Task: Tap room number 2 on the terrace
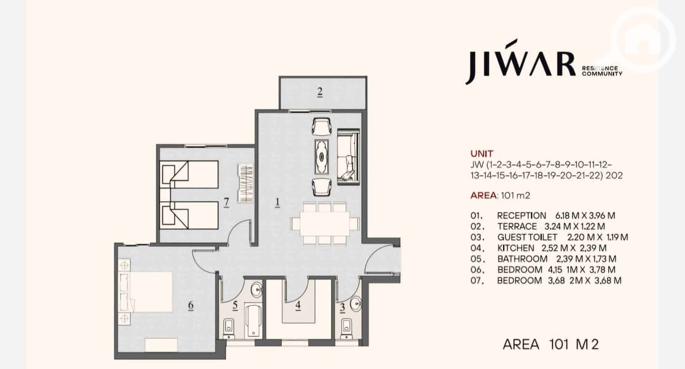pos(320,92)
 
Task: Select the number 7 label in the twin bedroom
pos(226,202)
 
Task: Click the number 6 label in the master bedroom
pos(190,305)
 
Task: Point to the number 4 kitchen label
pos(298,305)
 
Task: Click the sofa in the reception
pos(348,156)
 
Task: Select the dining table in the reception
pos(324,223)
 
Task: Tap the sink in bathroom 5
pos(256,289)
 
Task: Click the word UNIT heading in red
pos(482,154)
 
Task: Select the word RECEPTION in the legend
pos(522,215)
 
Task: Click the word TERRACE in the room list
pos(517,226)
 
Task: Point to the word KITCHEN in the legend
pos(515,248)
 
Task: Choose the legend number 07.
pos(477,280)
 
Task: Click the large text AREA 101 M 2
pos(550,344)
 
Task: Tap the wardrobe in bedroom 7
pos(246,183)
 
